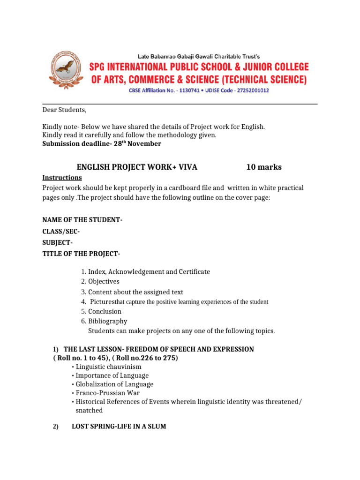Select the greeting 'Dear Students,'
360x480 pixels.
[x=65, y=110]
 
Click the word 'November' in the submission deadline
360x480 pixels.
[x=145, y=144]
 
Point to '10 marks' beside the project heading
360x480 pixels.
[x=264, y=167]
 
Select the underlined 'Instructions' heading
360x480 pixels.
[x=62, y=178]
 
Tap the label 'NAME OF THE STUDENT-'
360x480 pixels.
[x=82, y=220]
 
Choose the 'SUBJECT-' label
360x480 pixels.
[x=58, y=242]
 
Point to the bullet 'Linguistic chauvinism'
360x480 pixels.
[x=108, y=367]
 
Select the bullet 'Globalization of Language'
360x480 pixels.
[x=114, y=384]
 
